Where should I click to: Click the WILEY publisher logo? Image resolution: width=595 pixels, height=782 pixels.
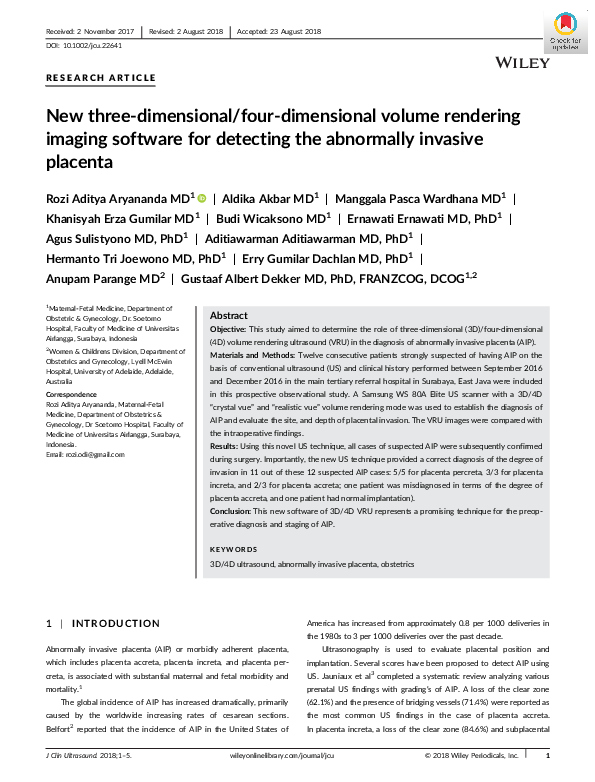522,63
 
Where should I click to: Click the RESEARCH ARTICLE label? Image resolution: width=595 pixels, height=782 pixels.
101,77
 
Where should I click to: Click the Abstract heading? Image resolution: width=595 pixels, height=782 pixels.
229,314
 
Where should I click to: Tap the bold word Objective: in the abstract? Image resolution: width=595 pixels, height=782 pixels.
229,328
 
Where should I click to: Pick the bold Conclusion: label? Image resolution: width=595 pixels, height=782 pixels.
232,510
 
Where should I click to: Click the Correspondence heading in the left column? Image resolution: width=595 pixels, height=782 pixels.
72,395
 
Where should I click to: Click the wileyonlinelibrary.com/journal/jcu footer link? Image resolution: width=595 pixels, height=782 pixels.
298,756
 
